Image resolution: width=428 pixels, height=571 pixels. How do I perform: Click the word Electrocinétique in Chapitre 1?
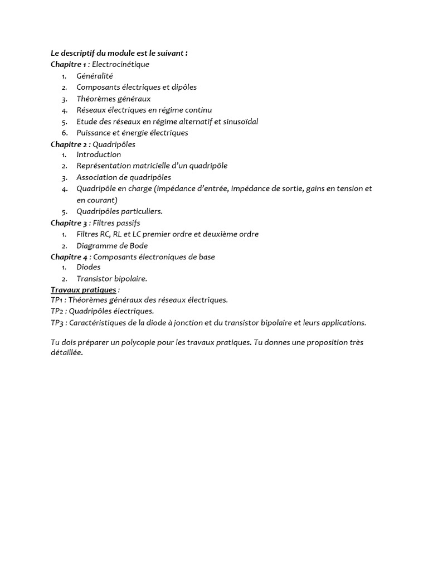120,64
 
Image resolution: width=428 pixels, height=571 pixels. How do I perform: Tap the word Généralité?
95,76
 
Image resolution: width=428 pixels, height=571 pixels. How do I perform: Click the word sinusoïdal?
239,122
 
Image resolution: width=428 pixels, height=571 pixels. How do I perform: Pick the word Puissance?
93,133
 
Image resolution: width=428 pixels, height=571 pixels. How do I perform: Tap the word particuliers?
142,211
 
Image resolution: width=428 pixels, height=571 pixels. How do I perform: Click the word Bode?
138,245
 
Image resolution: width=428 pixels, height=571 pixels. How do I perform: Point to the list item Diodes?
89,267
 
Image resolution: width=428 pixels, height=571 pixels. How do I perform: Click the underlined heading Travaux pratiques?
84,290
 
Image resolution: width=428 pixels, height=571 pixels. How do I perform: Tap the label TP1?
57,300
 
